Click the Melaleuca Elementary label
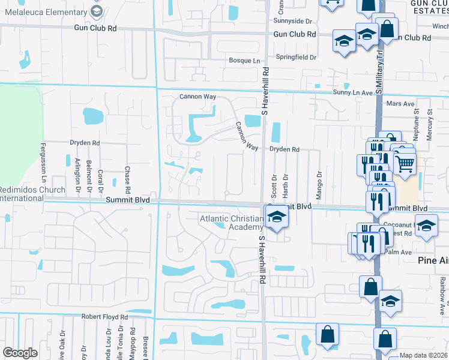(43, 11)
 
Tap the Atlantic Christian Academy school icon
(277, 217)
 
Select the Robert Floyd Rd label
(105, 316)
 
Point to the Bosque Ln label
(244, 61)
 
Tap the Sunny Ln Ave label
(353, 93)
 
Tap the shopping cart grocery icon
(406, 161)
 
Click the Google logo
(20, 353)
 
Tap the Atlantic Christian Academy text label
(232, 223)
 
